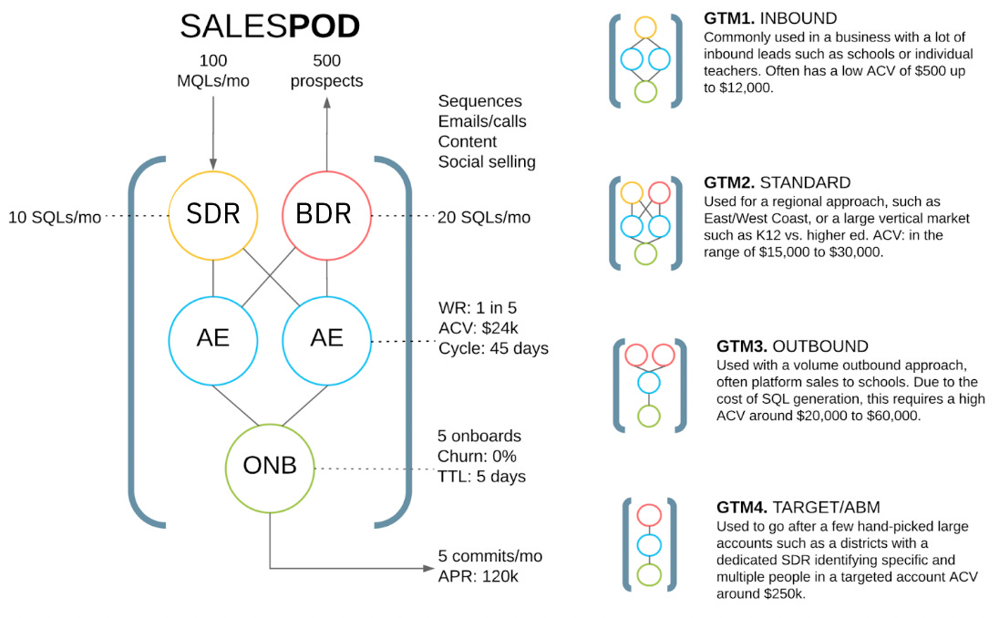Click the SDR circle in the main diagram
click(x=212, y=216)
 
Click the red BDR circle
click(x=326, y=216)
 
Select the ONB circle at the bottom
click(x=269, y=467)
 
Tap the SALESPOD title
click(x=270, y=27)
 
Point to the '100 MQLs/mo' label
click(x=212, y=71)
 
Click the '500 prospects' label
click(x=326, y=71)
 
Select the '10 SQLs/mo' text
click(x=53, y=217)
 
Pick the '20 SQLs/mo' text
click(x=483, y=217)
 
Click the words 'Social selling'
click(x=487, y=161)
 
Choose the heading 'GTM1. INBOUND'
click(x=770, y=18)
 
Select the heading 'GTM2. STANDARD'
click(x=778, y=182)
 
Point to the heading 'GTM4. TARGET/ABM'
click(x=799, y=507)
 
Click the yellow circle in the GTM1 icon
click(x=646, y=28)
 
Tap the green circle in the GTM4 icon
click(x=648, y=575)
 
